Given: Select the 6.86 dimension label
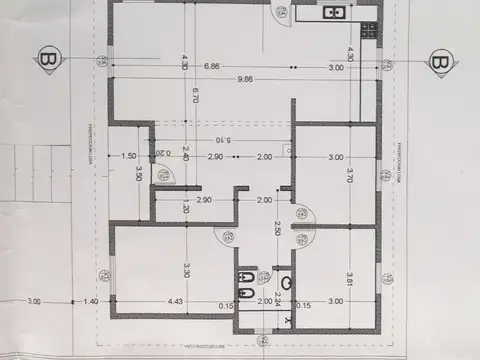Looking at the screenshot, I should coord(211,67).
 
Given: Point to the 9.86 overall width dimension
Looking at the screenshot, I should coord(245,79).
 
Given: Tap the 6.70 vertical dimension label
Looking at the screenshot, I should coord(184,96).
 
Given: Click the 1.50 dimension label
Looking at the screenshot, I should coord(128,157).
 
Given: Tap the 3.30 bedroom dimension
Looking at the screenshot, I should coord(186,269).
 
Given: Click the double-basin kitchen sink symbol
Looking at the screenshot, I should coord(333,12).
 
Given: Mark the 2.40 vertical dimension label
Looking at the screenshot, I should coord(185,155).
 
